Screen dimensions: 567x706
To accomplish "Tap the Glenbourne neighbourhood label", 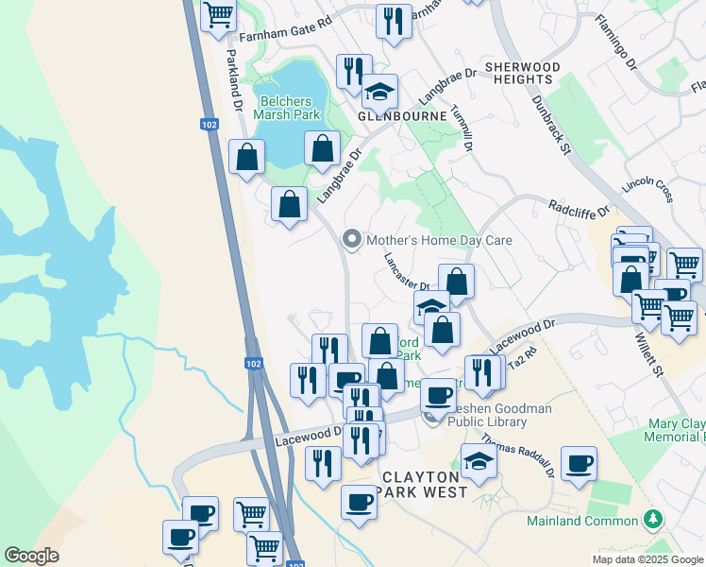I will [395, 116].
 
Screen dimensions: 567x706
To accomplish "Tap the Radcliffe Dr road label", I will [580, 207].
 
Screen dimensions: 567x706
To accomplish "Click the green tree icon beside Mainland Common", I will [651, 520].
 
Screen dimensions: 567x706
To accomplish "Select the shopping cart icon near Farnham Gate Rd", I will [218, 16].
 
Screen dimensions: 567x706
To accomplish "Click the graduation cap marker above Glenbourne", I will [380, 92].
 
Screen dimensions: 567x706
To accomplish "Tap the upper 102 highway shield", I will [210, 124].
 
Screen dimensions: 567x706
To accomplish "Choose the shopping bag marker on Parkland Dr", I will [246, 157].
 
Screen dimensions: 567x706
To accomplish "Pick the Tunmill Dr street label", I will [462, 129].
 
